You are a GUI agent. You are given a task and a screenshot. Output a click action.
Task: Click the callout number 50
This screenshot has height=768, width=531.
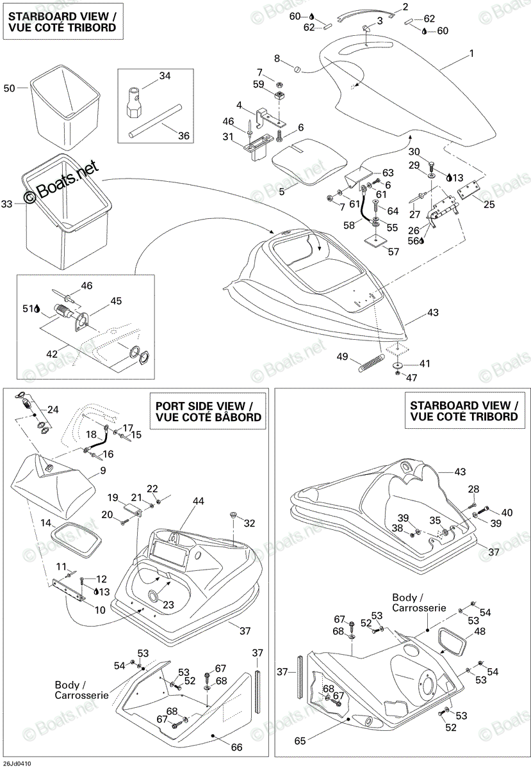(x=9, y=88)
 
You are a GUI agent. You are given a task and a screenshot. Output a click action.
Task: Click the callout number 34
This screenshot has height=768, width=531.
(x=165, y=76)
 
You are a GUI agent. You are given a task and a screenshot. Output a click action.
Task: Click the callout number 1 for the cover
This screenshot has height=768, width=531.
(x=471, y=54)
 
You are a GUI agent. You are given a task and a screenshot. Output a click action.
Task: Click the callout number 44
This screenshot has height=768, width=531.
(x=198, y=501)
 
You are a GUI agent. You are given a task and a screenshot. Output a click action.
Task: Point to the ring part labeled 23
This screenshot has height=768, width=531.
(x=153, y=596)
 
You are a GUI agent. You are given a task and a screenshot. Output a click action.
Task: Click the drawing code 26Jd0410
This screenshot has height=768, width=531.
(x=16, y=764)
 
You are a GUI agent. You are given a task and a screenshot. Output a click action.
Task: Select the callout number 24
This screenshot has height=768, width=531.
(x=53, y=410)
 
